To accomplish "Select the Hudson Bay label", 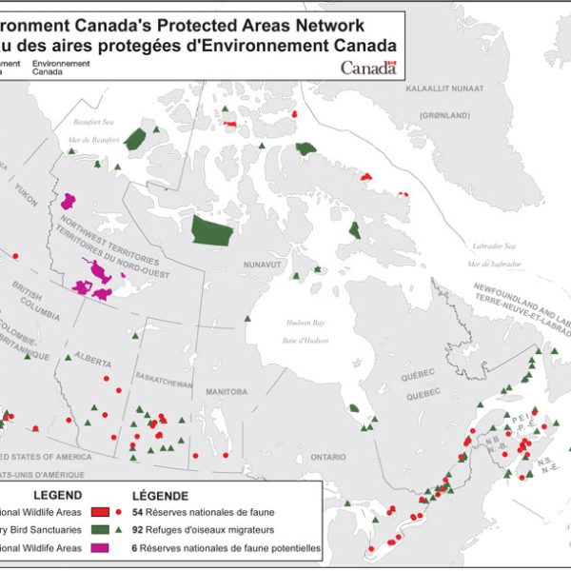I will [305, 324].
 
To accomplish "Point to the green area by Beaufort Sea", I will [139, 139].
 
